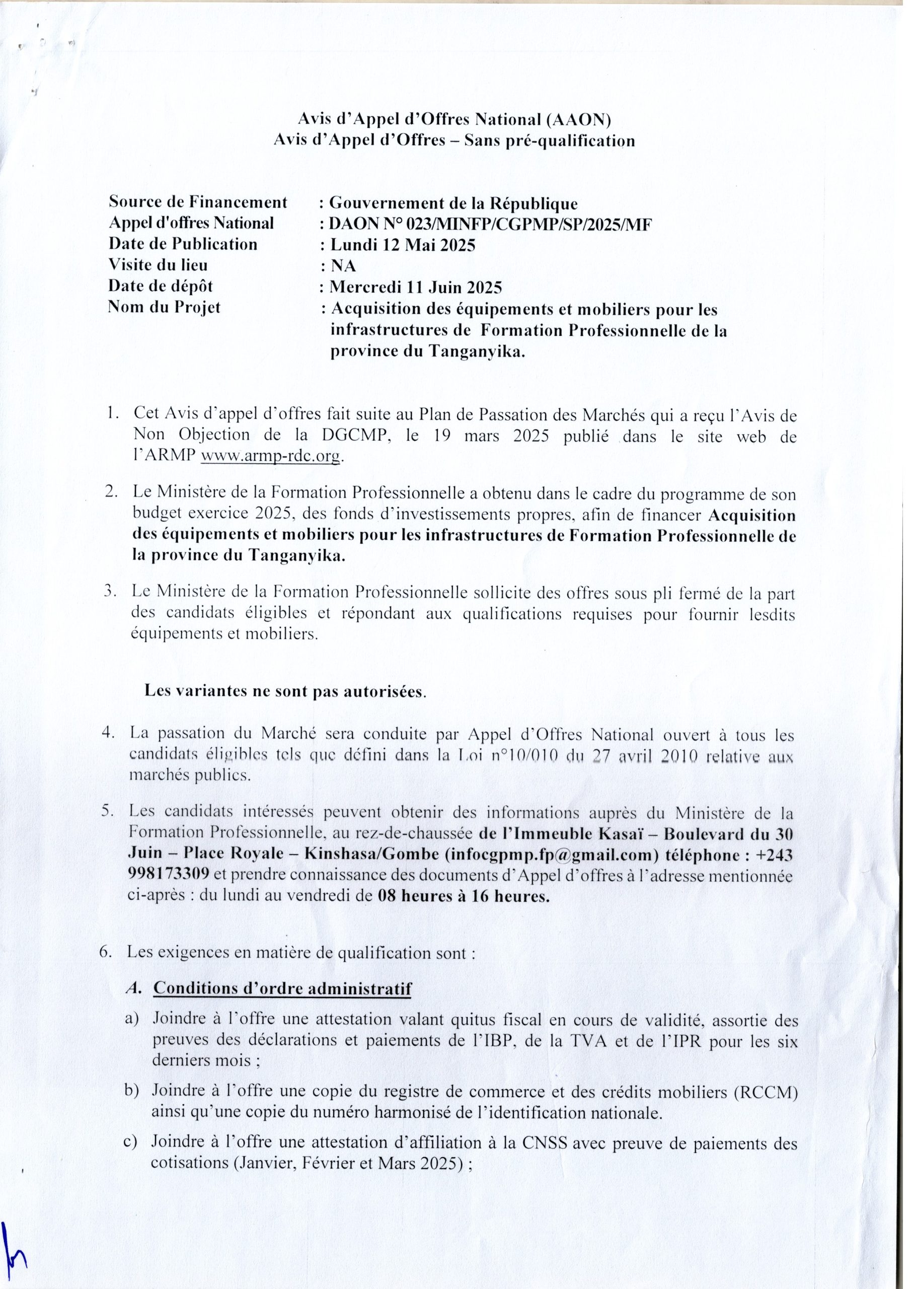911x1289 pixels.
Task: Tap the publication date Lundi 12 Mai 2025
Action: pos(402,245)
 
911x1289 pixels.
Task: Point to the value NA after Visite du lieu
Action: pos(342,266)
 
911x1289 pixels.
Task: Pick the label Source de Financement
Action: pos(198,201)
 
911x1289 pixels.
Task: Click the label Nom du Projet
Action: pos(165,307)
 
